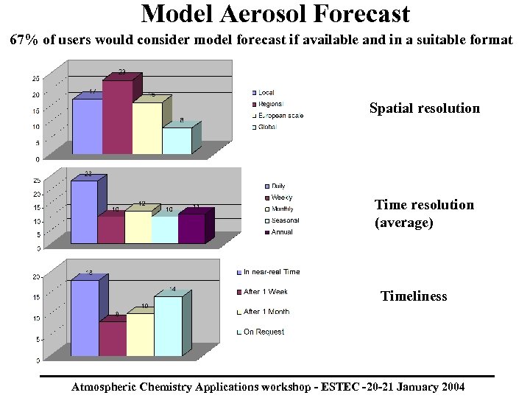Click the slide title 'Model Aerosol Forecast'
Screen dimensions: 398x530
pos(275,13)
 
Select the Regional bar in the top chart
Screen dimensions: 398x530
pos(116,118)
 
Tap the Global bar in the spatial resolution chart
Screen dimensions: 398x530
pos(176,141)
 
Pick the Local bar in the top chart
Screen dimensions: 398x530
pos(87,126)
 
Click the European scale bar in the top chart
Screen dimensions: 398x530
pos(146,128)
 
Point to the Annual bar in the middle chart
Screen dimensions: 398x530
pos(191,228)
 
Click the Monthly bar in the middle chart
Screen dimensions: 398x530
pos(138,227)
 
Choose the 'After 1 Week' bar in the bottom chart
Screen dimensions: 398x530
pos(112,338)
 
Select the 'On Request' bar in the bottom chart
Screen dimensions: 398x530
pos(167,326)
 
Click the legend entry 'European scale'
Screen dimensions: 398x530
pos(280,116)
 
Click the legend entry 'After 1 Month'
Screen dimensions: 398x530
pos(266,312)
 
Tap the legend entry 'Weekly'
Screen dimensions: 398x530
pos(280,198)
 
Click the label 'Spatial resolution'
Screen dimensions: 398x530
pos(424,108)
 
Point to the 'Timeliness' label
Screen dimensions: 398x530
pos(413,296)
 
